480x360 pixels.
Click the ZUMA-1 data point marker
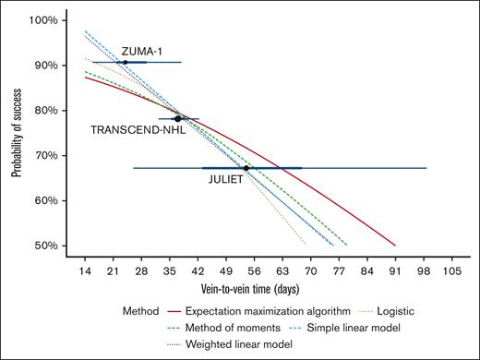[x=126, y=62]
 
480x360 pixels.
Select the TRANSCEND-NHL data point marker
[x=178, y=118]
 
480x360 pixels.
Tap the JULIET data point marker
[x=246, y=168]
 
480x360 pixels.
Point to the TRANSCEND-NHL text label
[x=138, y=131]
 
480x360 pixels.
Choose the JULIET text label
[x=225, y=180]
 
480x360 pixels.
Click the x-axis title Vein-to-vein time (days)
[x=268, y=291]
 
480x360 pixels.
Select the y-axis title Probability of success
[x=18, y=134]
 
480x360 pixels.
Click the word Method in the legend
[x=141, y=312]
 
